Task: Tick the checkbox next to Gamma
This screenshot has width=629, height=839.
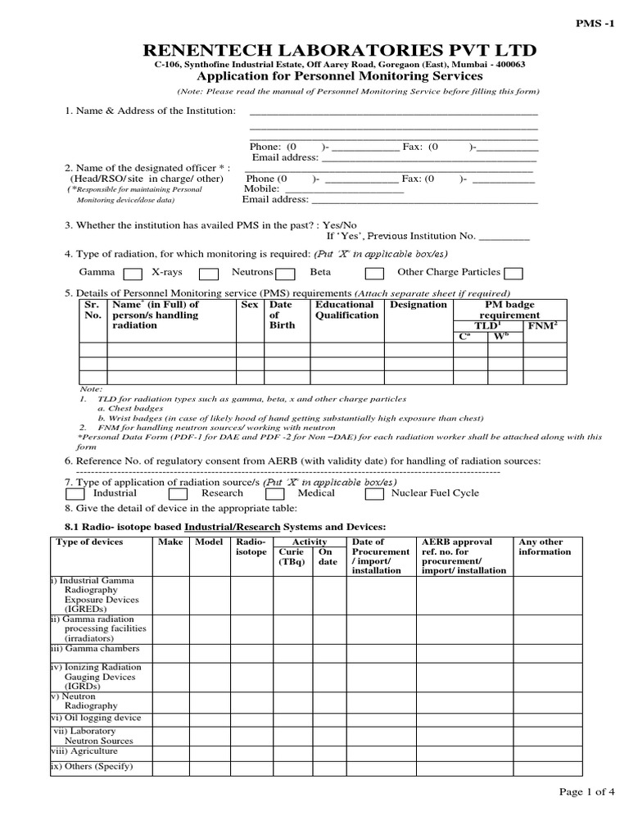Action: (132, 274)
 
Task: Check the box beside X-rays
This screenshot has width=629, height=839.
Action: (208, 274)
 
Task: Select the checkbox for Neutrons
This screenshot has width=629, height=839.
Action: (285, 274)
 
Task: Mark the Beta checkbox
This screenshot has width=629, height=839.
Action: (374, 274)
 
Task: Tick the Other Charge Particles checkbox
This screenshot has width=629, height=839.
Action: (514, 274)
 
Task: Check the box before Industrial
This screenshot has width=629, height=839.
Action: (75, 494)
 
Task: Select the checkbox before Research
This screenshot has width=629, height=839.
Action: (178, 494)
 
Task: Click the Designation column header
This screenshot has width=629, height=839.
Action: (419, 305)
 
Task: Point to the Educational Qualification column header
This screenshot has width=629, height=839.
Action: (347, 310)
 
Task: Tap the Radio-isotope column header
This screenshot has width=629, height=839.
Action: (251, 547)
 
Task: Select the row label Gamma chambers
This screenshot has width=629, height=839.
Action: (95, 649)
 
